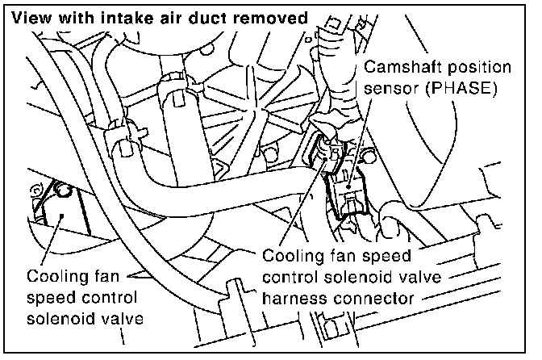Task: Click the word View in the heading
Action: [29, 17]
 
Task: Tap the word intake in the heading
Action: [108, 17]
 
